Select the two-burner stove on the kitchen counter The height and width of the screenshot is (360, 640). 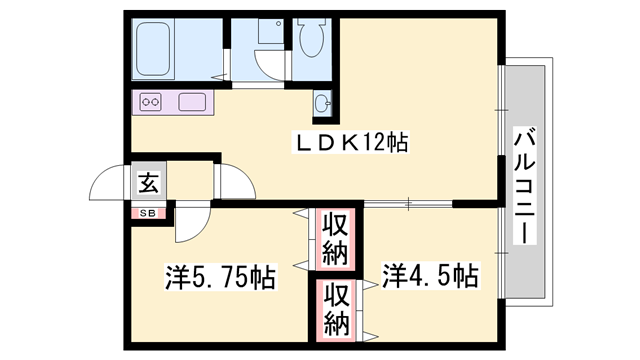pyautogui.click(x=152, y=102)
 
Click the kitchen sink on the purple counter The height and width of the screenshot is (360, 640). pyautogui.click(x=192, y=102)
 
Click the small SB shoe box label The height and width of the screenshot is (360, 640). pyautogui.click(x=146, y=212)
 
